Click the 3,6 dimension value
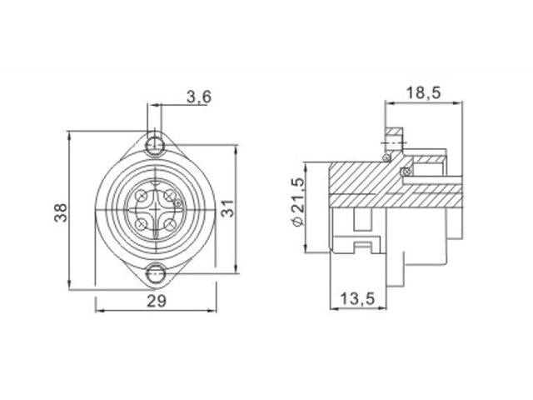[x=199, y=97]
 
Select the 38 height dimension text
[x=61, y=213]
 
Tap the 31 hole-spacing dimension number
[x=228, y=208]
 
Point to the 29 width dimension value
[x=157, y=301]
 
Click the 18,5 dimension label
[x=424, y=92]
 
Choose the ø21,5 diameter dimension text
[x=298, y=202]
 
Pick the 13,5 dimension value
[x=357, y=299]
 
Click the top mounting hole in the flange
[x=155, y=145]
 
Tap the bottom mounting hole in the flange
[x=156, y=273]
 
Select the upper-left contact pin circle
[x=142, y=196]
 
